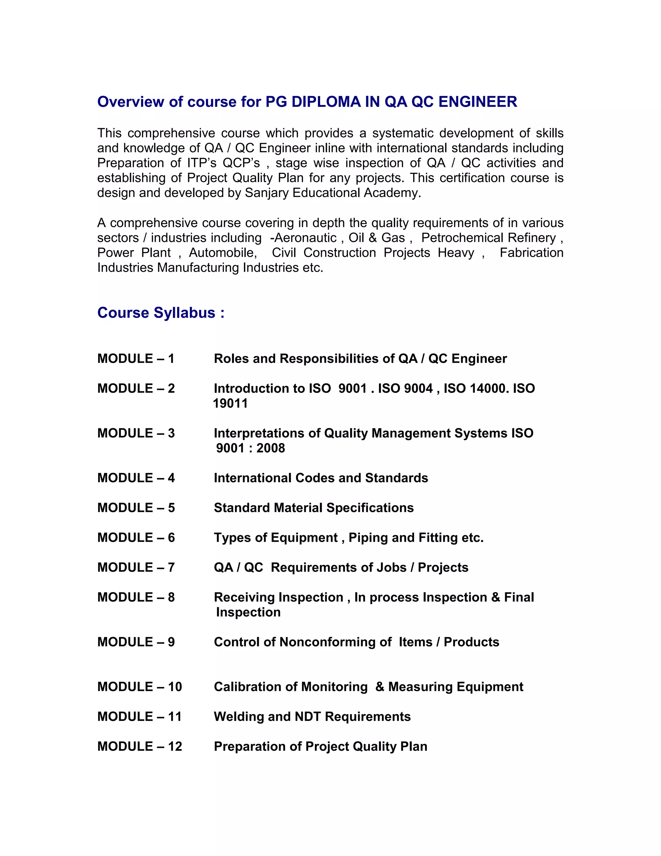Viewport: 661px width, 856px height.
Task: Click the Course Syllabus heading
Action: [160, 313]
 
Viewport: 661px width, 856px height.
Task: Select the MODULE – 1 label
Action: [136, 359]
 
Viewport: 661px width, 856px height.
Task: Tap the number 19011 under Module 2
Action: [230, 403]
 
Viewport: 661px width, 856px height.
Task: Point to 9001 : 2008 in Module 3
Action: [250, 448]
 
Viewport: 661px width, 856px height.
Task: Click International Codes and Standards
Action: [321, 478]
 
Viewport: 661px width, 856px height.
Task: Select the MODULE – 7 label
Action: [136, 567]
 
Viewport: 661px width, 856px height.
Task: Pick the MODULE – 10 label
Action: [139, 687]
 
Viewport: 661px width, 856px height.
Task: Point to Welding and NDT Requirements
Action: [312, 716]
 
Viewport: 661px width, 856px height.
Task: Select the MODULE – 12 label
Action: [139, 746]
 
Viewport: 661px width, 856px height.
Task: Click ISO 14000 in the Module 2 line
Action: [473, 388]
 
